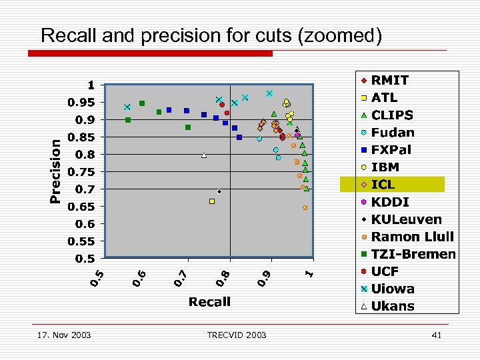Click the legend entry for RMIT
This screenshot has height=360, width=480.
click(x=390, y=80)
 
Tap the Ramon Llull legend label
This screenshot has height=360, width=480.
click(x=412, y=236)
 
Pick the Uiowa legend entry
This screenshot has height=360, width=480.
click(x=393, y=289)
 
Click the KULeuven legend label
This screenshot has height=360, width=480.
click(x=406, y=219)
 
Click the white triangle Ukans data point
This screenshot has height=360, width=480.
click(x=204, y=155)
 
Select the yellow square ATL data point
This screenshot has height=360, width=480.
click(x=212, y=201)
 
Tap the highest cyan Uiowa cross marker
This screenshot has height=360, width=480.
click(x=269, y=93)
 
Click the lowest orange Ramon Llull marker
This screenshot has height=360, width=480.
click(x=305, y=208)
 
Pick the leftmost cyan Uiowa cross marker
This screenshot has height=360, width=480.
click(x=127, y=107)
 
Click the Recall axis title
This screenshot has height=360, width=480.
click(x=209, y=302)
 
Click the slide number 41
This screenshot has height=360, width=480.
click(x=437, y=335)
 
